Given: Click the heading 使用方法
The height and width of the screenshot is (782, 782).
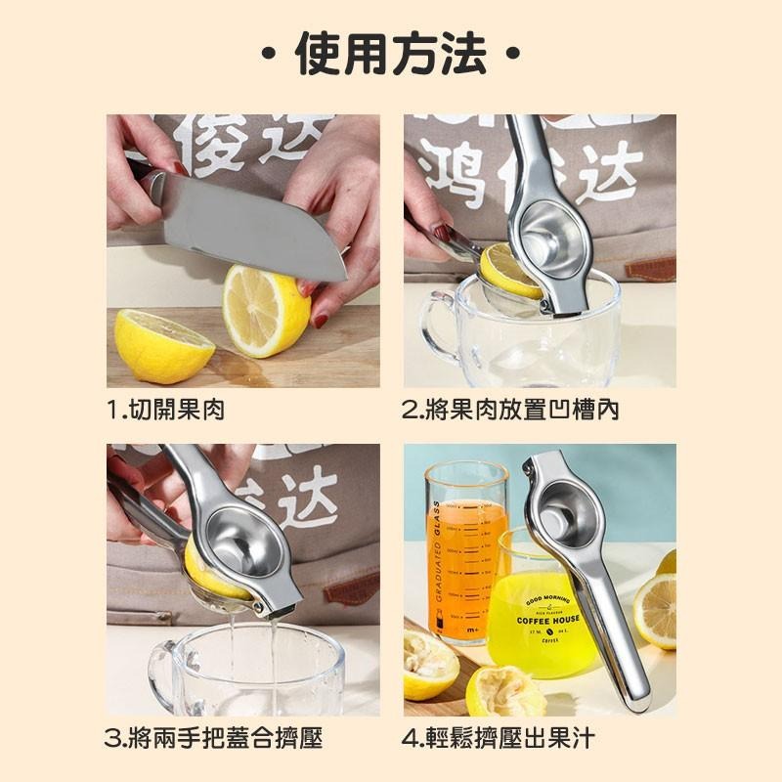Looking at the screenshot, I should [391, 54].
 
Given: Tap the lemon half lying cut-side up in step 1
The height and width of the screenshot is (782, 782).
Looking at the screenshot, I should [162, 345].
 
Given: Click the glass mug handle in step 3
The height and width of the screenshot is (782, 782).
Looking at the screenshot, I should [162, 674].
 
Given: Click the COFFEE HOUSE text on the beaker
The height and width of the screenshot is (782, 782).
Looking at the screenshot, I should [546, 619].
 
